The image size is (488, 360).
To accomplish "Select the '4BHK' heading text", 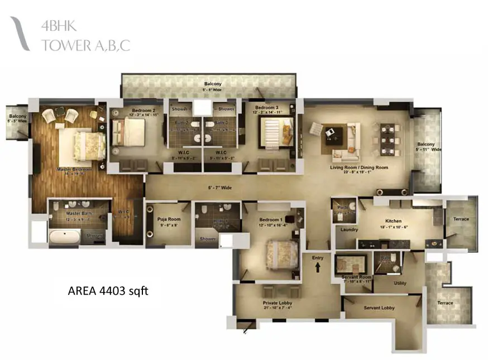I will tap(58, 26).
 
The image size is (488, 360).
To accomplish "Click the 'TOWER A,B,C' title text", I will tap(85, 45).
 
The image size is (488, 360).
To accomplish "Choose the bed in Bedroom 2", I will tap(128, 133).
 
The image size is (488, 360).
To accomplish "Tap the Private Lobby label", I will tap(278, 304).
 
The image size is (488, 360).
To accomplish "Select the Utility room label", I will tap(400, 283).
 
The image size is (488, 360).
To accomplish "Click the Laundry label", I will tap(348, 229).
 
